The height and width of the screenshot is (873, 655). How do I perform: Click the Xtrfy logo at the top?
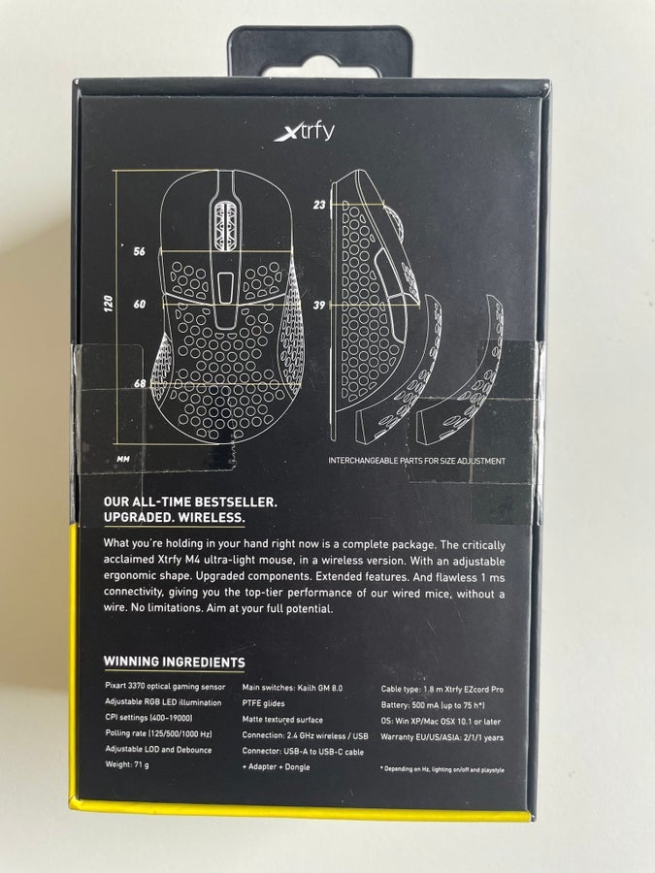(304, 131)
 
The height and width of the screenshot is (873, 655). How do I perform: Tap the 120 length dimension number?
(109, 304)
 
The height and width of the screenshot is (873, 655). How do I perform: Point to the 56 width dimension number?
(139, 251)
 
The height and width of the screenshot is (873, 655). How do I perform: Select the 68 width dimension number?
(140, 383)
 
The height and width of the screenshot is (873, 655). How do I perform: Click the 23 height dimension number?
(319, 205)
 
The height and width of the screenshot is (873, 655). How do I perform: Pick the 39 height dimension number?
(319, 306)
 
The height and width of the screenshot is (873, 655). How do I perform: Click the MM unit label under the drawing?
(123, 460)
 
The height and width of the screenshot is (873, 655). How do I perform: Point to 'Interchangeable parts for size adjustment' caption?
(416, 461)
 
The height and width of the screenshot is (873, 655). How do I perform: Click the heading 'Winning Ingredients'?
(175, 662)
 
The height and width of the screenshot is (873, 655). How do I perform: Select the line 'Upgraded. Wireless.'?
(174, 517)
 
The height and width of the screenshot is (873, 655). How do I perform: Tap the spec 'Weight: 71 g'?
(127, 764)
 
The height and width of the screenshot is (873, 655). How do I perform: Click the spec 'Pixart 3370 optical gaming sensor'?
(165, 687)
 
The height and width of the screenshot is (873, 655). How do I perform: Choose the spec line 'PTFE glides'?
(263, 703)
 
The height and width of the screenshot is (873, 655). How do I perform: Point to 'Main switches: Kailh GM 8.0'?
(292, 688)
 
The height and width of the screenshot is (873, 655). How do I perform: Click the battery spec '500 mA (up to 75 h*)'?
(447, 705)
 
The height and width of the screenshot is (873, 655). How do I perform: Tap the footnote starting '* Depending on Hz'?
(442, 769)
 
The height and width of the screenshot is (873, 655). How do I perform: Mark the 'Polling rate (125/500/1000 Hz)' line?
(159, 734)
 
